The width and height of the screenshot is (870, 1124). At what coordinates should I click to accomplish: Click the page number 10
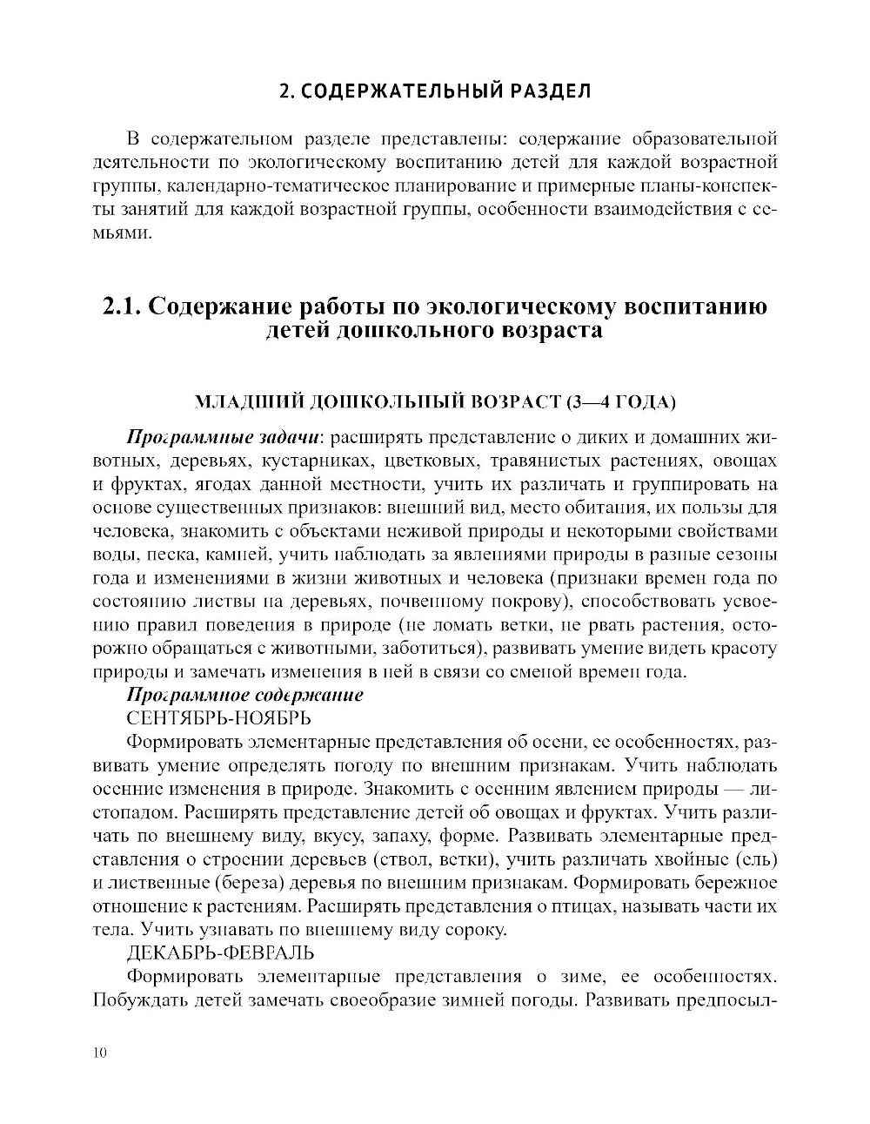pos(98,1053)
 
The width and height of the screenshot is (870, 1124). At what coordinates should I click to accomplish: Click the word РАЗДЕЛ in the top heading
pos(547,91)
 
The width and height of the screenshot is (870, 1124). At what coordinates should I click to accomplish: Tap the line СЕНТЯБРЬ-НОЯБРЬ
pos(218,718)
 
